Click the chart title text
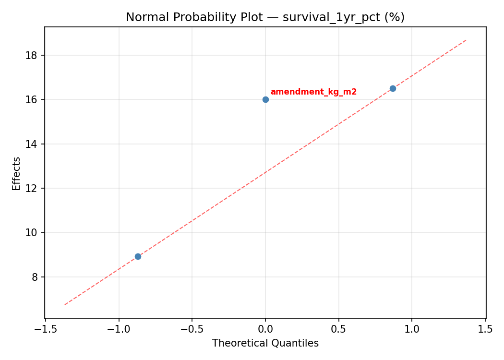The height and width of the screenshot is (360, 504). tap(265, 17)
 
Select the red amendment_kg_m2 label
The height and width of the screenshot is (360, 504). tap(313, 92)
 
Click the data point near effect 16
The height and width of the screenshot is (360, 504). tap(265, 99)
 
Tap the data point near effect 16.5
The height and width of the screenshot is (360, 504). tap(393, 88)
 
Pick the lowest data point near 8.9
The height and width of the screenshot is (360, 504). tap(138, 256)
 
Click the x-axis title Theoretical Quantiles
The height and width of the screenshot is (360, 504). tap(265, 343)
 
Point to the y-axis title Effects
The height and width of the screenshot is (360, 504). tap(17, 173)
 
